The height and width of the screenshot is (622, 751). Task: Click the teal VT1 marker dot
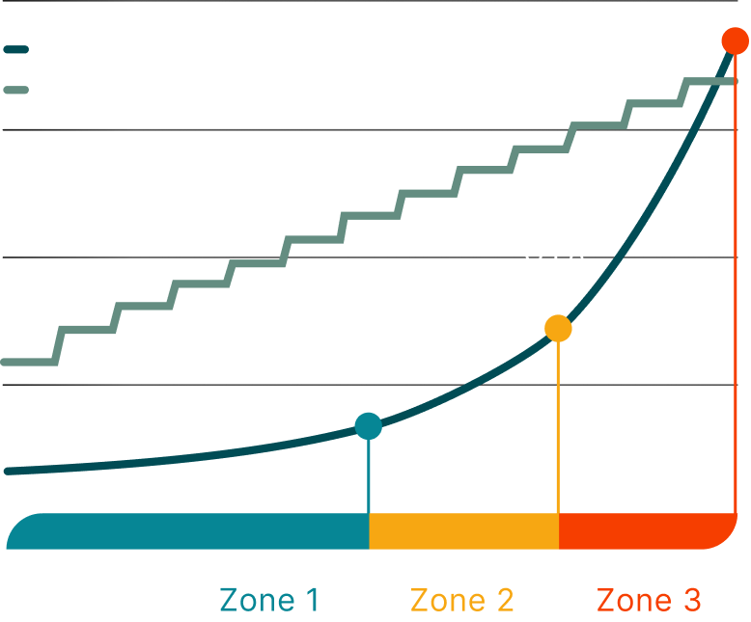tap(368, 425)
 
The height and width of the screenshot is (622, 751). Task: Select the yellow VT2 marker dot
tap(558, 329)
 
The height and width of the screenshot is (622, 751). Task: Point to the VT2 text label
tap(554, 265)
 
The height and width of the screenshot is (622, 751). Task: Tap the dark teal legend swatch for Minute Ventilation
tap(17, 48)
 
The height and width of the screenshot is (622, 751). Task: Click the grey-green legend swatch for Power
tap(17, 90)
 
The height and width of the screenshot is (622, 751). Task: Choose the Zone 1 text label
tap(269, 600)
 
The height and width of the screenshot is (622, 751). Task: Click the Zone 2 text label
tap(461, 600)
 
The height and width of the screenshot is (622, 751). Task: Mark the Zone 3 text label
tap(649, 600)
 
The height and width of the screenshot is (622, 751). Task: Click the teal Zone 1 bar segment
tap(193, 531)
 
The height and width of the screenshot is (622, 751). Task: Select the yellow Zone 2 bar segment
tap(463, 531)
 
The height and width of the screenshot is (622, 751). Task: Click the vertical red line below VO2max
tap(736, 289)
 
